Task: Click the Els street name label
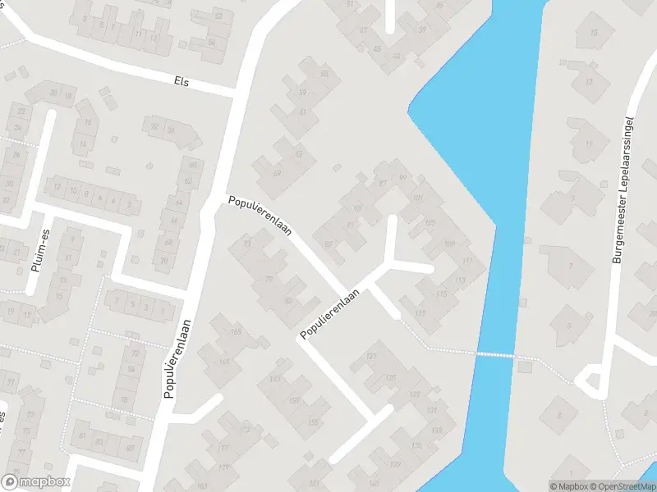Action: click(181, 81)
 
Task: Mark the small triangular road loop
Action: click(588, 380)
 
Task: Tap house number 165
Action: click(237, 332)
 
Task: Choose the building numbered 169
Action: click(224, 362)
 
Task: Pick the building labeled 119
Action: click(422, 312)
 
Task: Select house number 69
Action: click(277, 173)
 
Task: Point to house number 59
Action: click(302, 92)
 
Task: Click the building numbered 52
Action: click(218, 16)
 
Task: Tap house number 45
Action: click(377, 48)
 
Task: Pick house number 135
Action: click(416, 446)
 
